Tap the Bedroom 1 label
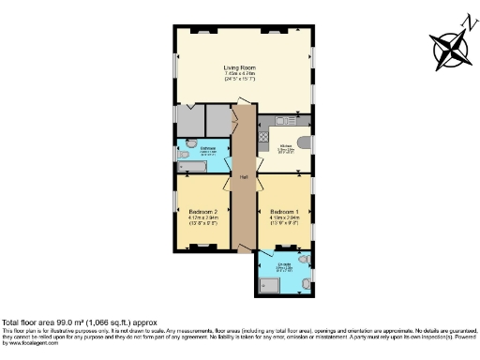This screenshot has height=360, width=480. (x=284, y=212)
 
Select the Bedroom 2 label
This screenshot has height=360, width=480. (x=202, y=212)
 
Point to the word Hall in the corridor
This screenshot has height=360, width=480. (x=243, y=176)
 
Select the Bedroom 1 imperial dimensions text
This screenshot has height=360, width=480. (x=284, y=224)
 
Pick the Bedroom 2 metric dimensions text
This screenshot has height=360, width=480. (x=202, y=218)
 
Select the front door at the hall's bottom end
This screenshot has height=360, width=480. (x=246, y=248)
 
